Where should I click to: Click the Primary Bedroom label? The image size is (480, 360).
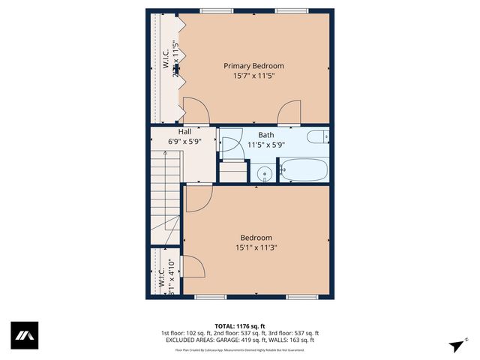(x=253, y=66)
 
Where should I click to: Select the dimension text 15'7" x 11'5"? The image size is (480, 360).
(x=253, y=76)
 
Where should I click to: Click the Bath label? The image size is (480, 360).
(x=266, y=135)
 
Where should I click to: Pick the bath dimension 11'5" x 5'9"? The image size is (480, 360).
(x=266, y=145)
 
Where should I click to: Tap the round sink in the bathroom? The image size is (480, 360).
(x=265, y=175)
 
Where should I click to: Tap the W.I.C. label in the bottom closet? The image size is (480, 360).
(x=161, y=278)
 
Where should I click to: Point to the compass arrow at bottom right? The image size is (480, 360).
(x=455, y=346)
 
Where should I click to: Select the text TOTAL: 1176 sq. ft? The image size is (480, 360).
(x=240, y=325)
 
